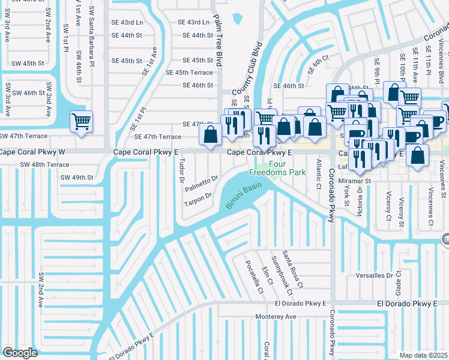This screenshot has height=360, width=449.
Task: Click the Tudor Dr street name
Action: (179, 169)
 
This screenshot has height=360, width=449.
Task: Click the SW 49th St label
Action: (77, 178)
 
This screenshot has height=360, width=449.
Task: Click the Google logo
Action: (20, 352)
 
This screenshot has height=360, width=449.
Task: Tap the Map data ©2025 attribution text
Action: (424, 355)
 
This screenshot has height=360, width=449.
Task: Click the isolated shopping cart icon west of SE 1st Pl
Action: (81, 122)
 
